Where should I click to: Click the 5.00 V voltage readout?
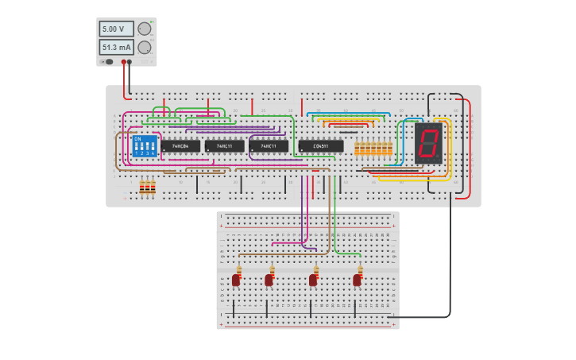tap(116, 29)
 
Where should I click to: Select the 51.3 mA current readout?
tap(116, 48)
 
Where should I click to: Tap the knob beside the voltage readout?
tap(145, 29)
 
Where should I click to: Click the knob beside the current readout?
tap(145, 48)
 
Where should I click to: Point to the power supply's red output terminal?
tap(124, 61)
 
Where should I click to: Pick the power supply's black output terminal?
tap(130, 61)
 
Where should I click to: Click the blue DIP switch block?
tap(145, 146)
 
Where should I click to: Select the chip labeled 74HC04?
tap(180, 146)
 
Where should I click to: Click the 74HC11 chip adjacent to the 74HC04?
tap(224, 146)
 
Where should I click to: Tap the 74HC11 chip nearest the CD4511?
tap(269, 146)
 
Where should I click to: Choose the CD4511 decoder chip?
tap(321, 146)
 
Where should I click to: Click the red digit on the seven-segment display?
tap(427, 143)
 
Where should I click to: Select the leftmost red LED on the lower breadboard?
tap(236, 280)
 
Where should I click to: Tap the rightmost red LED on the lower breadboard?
tap(358, 280)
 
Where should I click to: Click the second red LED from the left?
tap(269, 280)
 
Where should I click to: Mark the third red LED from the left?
tap(313, 280)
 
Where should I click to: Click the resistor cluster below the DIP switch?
tap(147, 188)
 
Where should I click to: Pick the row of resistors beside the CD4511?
tap(373, 149)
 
